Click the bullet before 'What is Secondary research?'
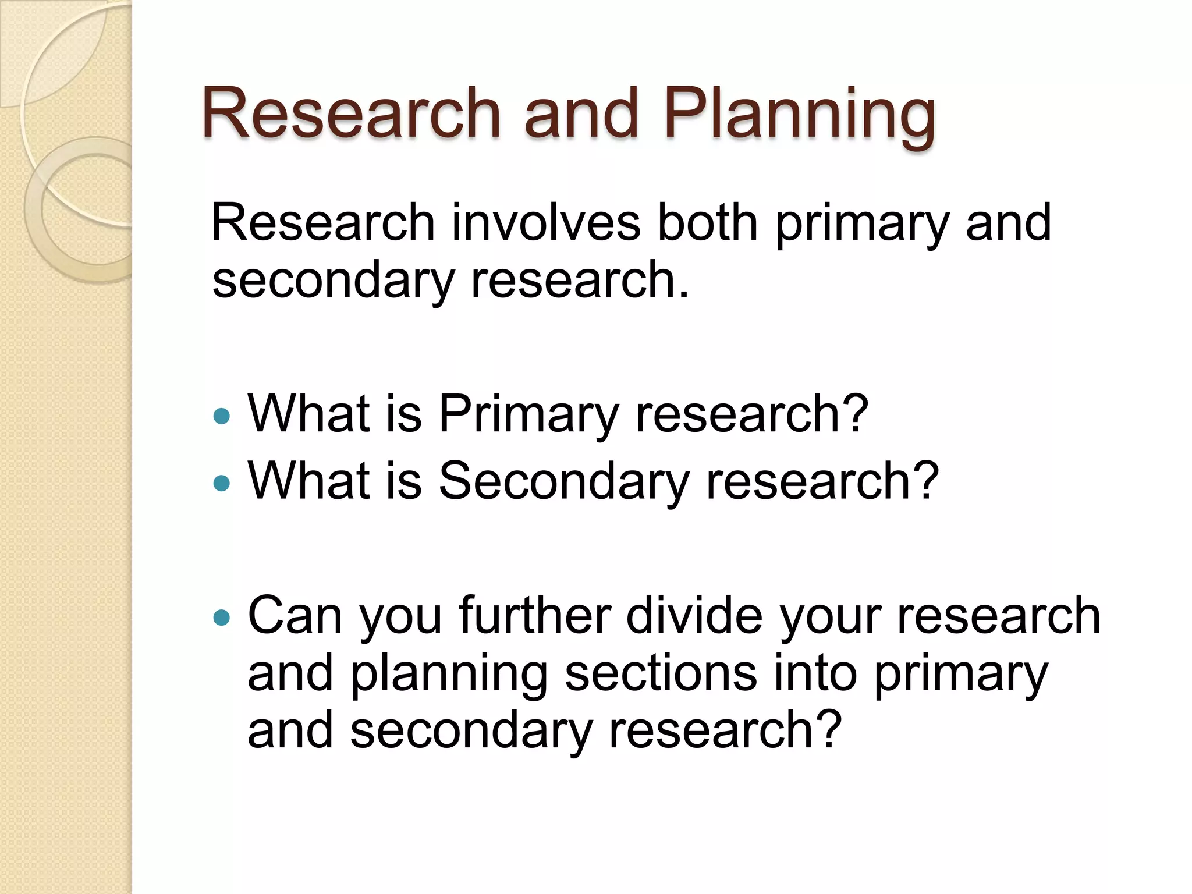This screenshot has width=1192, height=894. pyautogui.click(x=222, y=483)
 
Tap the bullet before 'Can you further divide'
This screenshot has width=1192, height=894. pyautogui.click(x=222, y=617)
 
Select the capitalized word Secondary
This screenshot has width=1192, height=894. pyautogui.click(x=563, y=481)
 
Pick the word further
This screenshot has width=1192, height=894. pyautogui.click(x=534, y=616)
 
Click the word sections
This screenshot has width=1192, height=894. pyautogui.click(x=661, y=673)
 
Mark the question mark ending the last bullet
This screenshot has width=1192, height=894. pyautogui.click(x=829, y=730)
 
